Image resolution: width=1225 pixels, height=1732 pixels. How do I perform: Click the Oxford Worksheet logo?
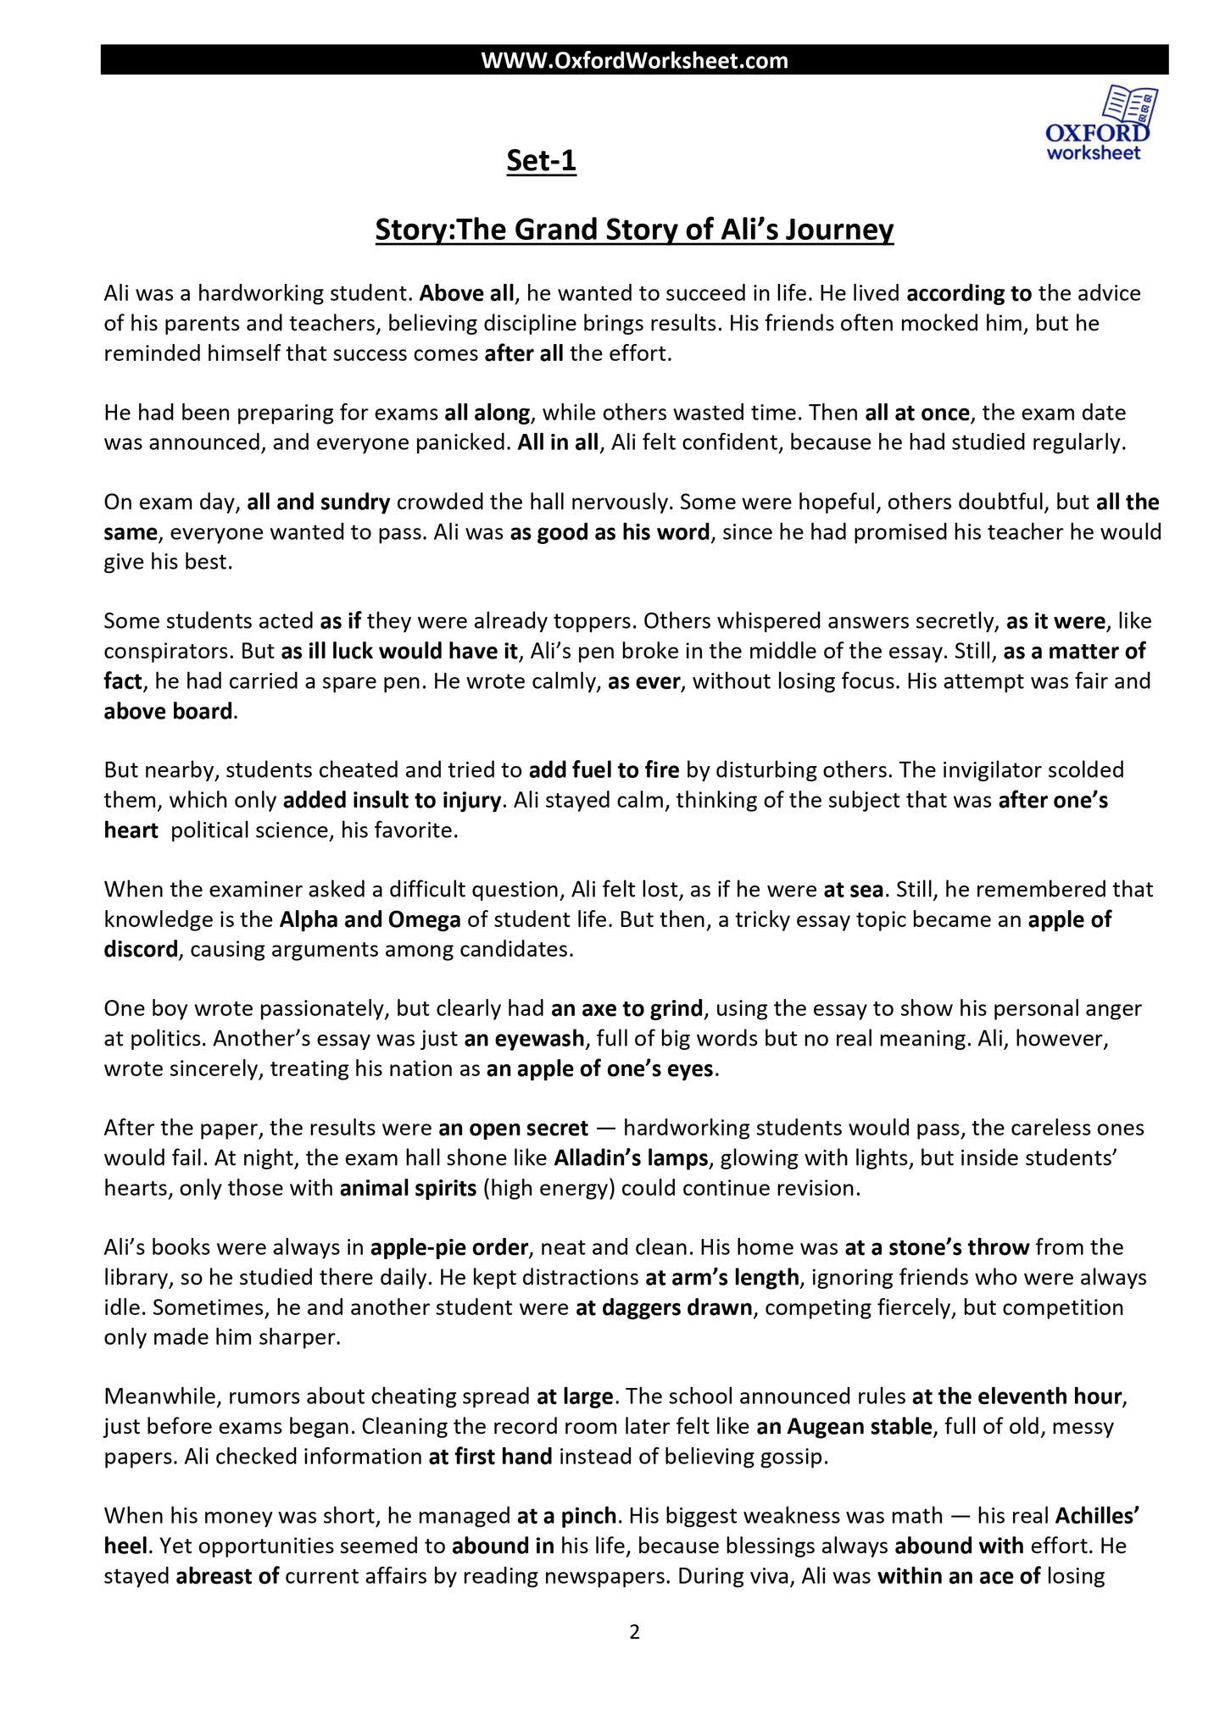tap(1100, 125)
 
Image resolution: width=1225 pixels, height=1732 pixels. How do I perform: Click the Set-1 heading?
tap(541, 160)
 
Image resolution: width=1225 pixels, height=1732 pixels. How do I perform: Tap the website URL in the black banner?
tap(634, 60)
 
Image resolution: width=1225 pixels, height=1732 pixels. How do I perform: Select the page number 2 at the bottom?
tap(634, 1631)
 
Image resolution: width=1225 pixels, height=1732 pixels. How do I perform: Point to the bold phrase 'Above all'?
tap(466, 293)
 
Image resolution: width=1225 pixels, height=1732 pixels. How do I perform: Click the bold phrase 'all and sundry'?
tap(318, 502)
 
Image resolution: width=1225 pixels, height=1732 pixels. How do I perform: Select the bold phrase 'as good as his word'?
tap(610, 532)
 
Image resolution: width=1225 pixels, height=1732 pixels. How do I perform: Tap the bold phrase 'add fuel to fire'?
tap(604, 770)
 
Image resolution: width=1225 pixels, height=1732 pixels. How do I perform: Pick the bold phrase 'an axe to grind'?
tap(626, 1008)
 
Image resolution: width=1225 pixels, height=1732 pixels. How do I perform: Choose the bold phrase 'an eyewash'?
tap(524, 1039)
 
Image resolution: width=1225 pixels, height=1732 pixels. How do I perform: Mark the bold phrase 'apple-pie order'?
tap(450, 1247)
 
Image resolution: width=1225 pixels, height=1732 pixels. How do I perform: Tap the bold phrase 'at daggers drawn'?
tap(664, 1307)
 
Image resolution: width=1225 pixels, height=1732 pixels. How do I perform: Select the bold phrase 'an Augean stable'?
tap(844, 1426)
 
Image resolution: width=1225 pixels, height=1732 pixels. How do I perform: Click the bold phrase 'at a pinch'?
tap(570, 1515)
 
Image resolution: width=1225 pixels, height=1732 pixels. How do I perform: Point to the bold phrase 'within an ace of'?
tap(959, 1576)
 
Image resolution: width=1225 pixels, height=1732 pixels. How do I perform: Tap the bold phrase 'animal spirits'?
tap(408, 1188)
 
